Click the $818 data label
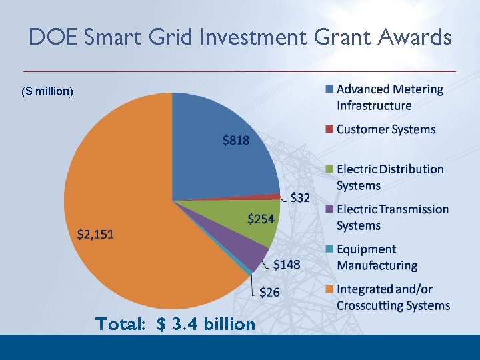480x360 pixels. [236, 141]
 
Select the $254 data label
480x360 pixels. [261, 219]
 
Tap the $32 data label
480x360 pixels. [299, 198]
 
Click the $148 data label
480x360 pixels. [287, 265]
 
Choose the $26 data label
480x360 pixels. [269, 291]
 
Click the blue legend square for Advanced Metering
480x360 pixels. [329, 89]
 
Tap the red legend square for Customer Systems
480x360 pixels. [329, 129]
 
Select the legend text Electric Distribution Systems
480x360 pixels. [389, 177]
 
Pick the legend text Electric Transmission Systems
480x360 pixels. [392, 217]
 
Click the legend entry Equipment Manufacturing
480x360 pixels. [377, 257]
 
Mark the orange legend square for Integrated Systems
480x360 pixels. [329, 289]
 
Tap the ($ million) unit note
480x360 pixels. [47, 91]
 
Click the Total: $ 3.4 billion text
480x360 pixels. [175, 325]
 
